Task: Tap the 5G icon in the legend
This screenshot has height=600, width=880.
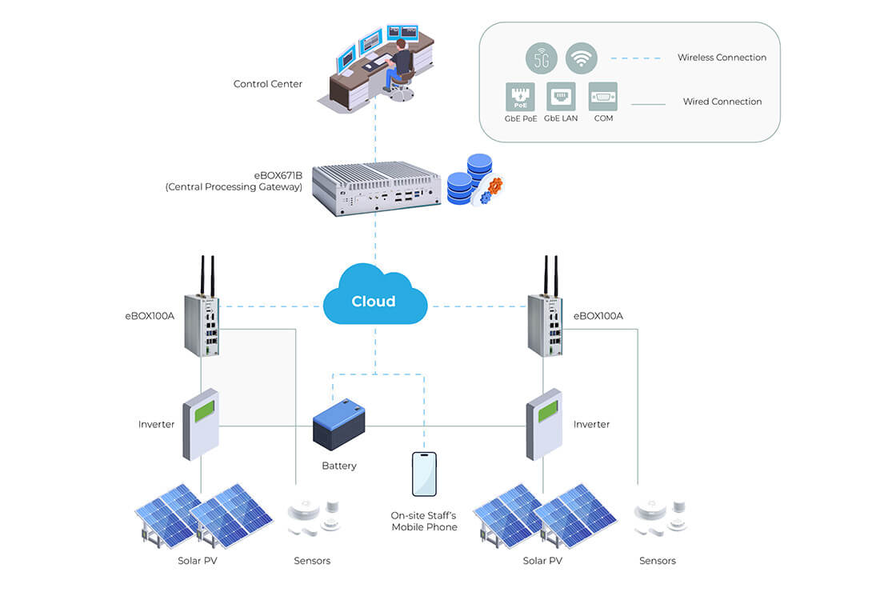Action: (541, 58)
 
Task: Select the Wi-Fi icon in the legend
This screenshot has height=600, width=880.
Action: (581, 58)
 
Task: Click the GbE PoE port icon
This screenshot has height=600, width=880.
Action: (520, 97)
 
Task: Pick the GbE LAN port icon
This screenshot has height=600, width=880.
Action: (561, 97)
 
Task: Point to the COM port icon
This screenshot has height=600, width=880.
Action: (602, 97)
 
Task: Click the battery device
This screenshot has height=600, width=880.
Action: (338, 425)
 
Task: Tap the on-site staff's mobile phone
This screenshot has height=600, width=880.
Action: (424, 474)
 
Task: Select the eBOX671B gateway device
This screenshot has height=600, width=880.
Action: (376, 189)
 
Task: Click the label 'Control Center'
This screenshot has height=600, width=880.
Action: (268, 84)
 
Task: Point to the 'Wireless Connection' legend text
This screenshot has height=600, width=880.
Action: (722, 58)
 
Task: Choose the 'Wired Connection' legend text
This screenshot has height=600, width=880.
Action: (722, 102)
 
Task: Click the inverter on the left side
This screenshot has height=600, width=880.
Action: (200, 424)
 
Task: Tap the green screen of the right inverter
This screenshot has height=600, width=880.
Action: (548, 411)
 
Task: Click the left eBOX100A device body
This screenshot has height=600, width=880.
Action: (202, 325)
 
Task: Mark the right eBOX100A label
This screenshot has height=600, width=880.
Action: (598, 316)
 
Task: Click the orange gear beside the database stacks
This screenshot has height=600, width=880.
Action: (494, 185)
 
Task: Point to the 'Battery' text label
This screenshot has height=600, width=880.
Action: (339, 466)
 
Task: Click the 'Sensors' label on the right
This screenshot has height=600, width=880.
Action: (657, 561)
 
